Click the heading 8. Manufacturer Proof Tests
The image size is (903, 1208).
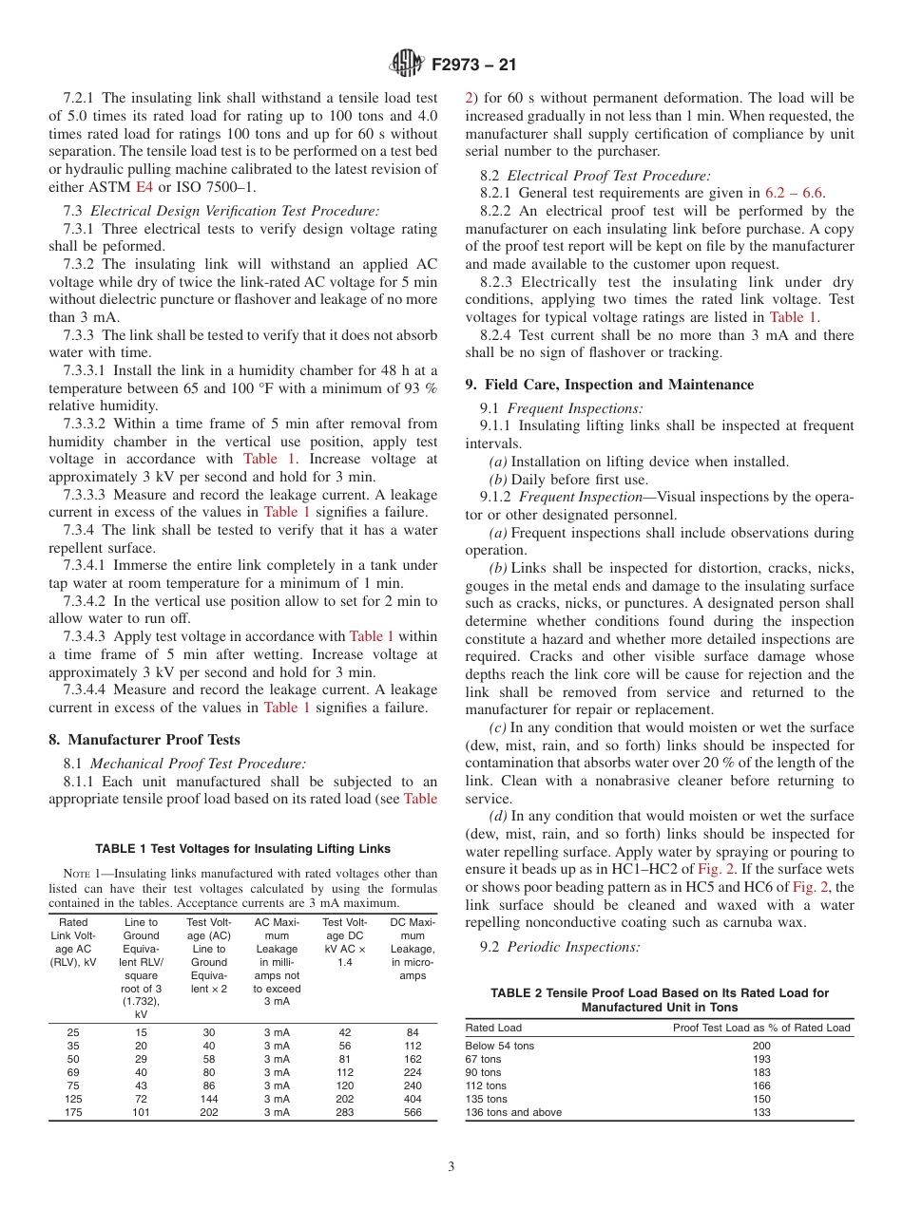144,740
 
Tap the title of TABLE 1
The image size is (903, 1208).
242,848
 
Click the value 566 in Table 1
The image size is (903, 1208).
413,1113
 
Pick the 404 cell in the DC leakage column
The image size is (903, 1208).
413,1099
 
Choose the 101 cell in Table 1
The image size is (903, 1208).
141,1113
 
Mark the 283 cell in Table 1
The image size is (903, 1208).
344,1113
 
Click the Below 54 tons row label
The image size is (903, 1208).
500,1046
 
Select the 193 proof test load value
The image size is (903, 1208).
761,1059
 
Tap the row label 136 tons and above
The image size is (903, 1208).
513,1112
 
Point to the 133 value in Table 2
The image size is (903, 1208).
761,1112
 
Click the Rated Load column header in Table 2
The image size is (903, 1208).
493,1028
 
